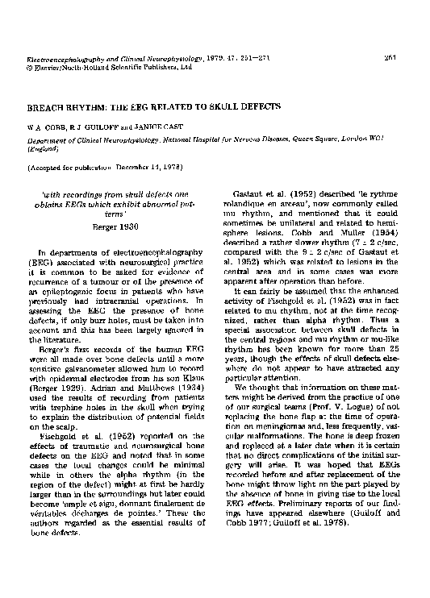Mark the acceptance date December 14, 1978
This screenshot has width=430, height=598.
[x=153, y=167]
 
